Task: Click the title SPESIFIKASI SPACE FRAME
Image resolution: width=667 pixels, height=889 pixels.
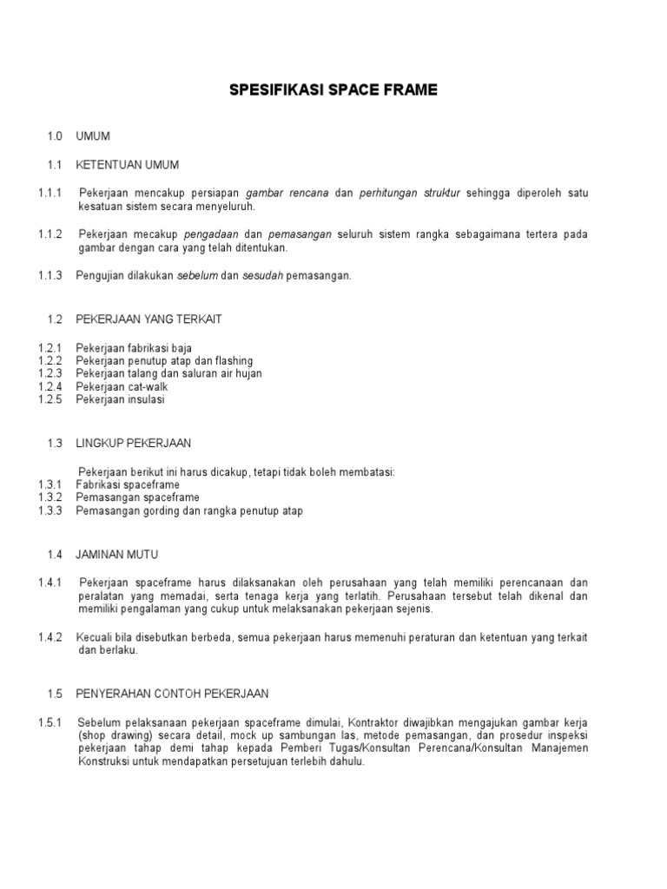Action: (333, 89)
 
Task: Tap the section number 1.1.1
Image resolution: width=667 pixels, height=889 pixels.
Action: (51, 193)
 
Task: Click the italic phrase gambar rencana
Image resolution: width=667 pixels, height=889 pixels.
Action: (287, 193)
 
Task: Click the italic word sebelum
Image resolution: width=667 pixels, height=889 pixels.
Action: (197, 276)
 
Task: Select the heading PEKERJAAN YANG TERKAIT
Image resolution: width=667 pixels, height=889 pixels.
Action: (149, 319)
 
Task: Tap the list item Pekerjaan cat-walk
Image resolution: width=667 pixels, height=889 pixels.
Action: (122, 386)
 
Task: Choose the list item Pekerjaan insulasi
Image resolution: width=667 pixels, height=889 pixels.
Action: (120, 399)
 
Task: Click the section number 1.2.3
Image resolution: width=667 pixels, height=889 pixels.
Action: (51, 373)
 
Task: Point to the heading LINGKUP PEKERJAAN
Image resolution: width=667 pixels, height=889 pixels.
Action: (134, 443)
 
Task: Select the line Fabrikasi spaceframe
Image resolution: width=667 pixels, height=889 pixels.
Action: (128, 484)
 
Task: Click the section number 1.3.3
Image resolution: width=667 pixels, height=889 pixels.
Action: (51, 510)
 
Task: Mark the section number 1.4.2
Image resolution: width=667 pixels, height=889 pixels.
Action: (51, 637)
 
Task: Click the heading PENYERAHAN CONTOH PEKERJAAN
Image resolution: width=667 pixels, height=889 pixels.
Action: (172, 694)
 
